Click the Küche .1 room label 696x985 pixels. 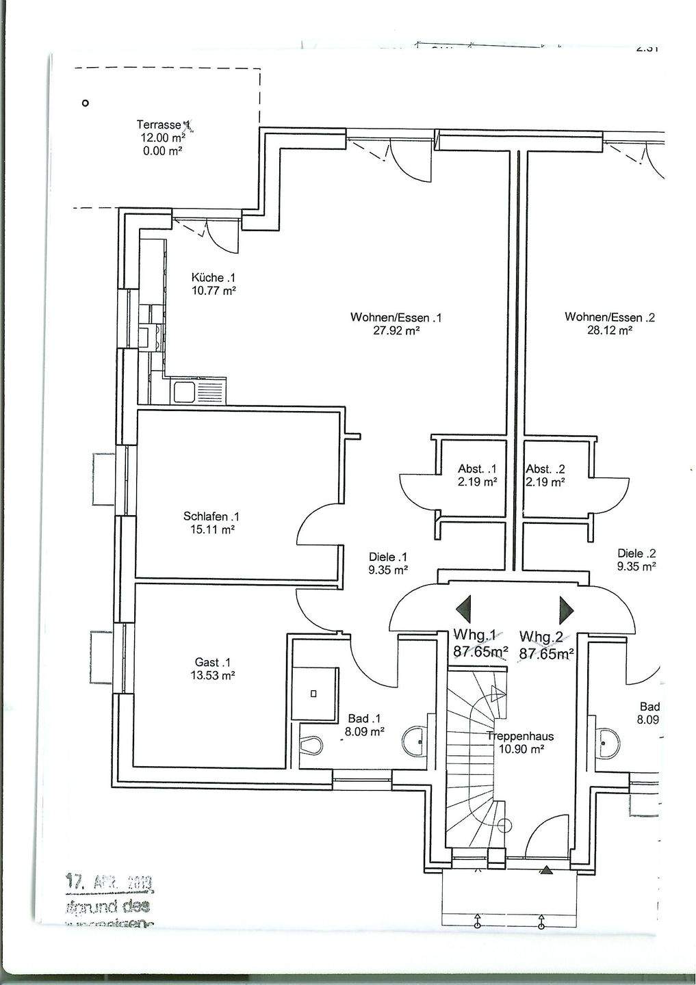pyautogui.click(x=213, y=278)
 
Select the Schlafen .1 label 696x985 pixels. pyautogui.click(x=211, y=516)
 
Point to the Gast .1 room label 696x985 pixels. pyautogui.click(x=213, y=662)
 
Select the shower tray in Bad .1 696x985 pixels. pyautogui.click(x=314, y=694)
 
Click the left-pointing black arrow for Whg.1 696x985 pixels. pyautogui.click(x=464, y=607)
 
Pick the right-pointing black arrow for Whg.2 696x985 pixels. pyautogui.click(x=566, y=607)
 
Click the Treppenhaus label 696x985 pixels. pyautogui.click(x=520, y=737)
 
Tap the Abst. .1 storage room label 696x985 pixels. pyautogui.click(x=476, y=469)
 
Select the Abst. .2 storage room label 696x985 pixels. pyautogui.click(x=545, y=469)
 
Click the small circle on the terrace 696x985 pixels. pyautogui.click(x=85, y=103)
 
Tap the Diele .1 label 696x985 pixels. pyautogui.click(x=387, y=557)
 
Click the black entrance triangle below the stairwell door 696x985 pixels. pyautogui.click(x=546, y=871)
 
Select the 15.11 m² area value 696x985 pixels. pyautogui.click(x=211, y=529)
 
